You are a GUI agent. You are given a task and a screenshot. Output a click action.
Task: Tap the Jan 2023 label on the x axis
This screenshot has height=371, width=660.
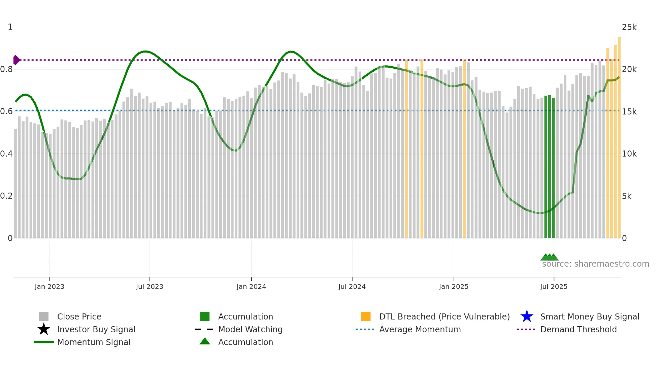point(49,286)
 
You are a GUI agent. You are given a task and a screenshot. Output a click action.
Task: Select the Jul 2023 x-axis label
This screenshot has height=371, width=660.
point(150,286)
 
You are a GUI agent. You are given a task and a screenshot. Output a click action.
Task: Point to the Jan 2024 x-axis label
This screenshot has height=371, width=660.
point(251,286)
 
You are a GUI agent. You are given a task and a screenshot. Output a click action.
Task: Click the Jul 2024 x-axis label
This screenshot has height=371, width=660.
point(352,286)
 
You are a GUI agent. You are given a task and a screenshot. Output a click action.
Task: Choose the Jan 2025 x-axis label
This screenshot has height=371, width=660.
point(454,286)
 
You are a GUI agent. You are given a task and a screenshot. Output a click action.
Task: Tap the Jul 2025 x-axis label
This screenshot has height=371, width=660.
point(554,286)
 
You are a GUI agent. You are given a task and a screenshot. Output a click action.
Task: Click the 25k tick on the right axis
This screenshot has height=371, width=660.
point(629,27)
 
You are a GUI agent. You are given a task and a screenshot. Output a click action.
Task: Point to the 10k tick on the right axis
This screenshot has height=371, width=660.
point(629,154)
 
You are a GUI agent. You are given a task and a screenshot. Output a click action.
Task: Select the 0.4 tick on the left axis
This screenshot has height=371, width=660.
point(6,154)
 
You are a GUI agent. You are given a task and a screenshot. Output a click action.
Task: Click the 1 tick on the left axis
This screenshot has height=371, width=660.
point(10,27)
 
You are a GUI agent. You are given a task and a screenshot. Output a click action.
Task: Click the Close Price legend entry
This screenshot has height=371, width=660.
point(79,316)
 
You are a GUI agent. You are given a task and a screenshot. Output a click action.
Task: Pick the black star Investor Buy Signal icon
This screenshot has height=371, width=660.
point(44,329)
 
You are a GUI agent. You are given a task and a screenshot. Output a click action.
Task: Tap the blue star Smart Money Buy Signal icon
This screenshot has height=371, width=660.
point(527,316)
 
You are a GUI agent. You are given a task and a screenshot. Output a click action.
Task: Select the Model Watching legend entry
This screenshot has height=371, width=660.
point(250,329)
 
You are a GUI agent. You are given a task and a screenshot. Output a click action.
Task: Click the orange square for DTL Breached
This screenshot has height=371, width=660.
point(366,316)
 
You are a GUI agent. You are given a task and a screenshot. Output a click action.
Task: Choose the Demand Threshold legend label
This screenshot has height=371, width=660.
point(578,329)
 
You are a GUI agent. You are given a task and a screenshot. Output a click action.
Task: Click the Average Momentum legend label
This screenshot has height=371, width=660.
point(420,329)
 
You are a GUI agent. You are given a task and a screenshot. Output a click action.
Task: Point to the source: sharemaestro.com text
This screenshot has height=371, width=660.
point(595,264)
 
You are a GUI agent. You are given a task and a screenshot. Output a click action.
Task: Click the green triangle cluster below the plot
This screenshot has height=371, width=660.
point(550,257)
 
